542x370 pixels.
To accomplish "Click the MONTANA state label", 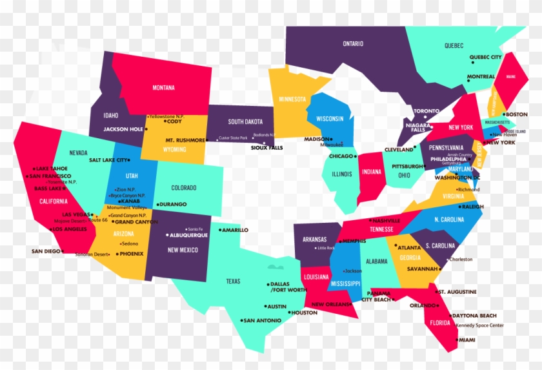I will coord(163,88).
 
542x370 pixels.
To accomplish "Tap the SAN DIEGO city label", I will coord(46,251).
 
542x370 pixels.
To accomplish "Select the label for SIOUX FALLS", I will coord(266,148).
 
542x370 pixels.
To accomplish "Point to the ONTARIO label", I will coord(352,44).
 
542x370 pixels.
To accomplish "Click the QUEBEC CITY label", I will coord(485,57).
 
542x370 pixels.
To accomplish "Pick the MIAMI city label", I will coord(467,340).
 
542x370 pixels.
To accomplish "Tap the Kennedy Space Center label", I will coord(479,325).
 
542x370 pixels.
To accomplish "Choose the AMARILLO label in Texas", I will coord(235,230).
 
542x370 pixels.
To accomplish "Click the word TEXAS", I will coord(233,282).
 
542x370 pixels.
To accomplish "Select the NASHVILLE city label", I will coord(386,221).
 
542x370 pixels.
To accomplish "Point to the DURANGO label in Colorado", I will coord(172,205).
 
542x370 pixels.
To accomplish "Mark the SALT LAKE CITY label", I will coord(108,160).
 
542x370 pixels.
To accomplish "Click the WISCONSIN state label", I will coord(330,119).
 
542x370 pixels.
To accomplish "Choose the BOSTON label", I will coord(516,114).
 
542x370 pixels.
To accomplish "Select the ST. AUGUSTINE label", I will coord(457,292).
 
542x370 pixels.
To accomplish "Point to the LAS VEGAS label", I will coord(75,214).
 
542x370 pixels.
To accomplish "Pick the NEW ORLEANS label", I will coord(330,305).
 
